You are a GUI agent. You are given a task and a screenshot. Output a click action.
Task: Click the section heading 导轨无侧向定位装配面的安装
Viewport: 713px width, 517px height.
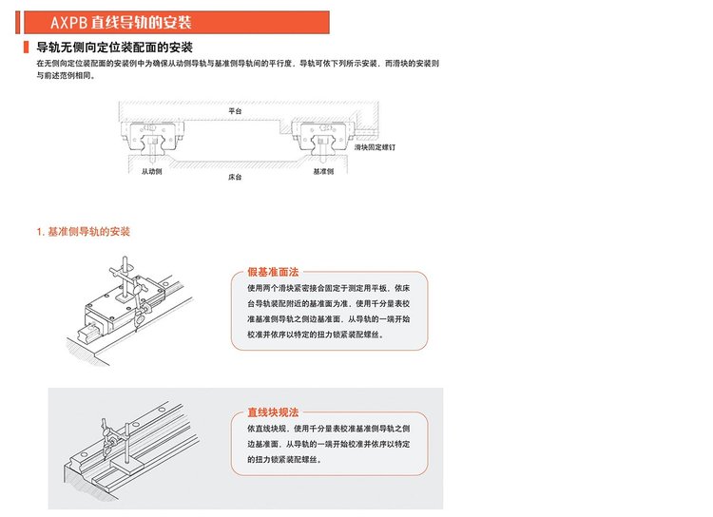coord(113,47)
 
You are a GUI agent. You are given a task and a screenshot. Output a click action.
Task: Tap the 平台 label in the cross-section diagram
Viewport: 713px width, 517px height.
coord(235,110)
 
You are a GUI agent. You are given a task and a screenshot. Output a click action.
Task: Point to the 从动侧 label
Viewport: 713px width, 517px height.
coord(153,172)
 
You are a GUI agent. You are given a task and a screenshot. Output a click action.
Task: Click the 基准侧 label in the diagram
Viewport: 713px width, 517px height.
coord(322,172)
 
